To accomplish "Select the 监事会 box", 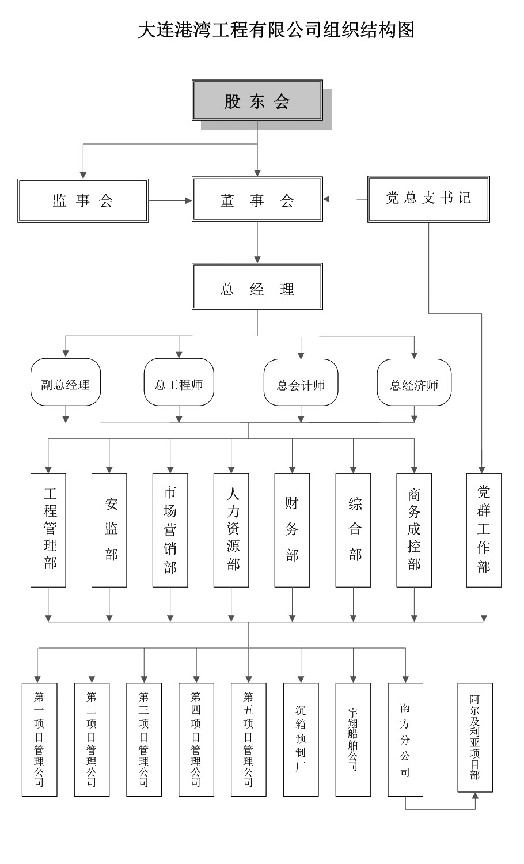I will pos(83,200).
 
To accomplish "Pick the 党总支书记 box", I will pos(428,199).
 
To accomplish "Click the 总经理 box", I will pos(257,287).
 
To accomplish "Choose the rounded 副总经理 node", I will pos(65,382).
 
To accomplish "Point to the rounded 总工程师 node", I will pos(179,382).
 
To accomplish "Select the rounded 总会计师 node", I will pos(301,382).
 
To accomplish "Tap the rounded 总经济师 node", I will pos(414,382).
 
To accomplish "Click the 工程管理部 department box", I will pos(48,530).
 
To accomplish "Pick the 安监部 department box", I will pos(109,530).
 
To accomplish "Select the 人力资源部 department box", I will pos(231,530).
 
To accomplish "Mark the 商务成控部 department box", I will pos(414,530).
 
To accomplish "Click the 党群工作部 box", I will pos(484,530).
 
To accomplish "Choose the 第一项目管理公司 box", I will pos(40,740).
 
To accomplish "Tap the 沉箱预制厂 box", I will pos(301,740).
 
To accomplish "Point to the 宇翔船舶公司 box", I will pos(353,740).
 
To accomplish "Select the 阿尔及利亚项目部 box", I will pos(475,737).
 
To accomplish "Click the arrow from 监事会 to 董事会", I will pos(170,200).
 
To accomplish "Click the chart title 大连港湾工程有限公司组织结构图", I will pos(276,29).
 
